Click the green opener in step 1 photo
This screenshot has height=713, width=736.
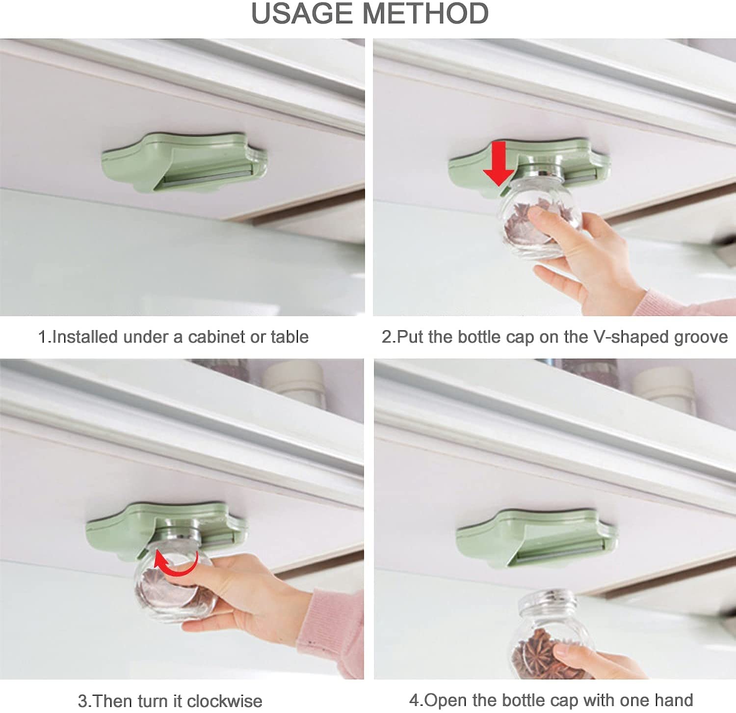point(184,162)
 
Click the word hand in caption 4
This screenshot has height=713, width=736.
point(675,700)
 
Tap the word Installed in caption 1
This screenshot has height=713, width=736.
point(84,337)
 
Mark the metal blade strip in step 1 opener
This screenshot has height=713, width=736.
point(209,175)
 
